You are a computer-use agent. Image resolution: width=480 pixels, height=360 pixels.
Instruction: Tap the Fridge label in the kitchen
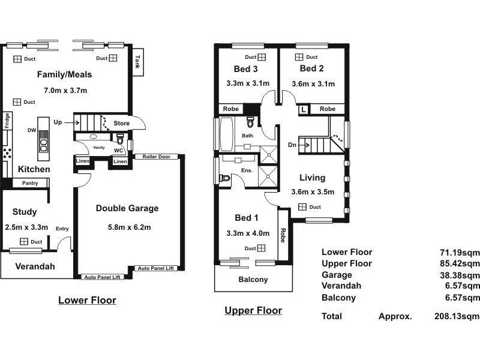[x=7, y=121]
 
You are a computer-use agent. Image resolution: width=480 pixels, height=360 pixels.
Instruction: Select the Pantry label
[x=30, y=183]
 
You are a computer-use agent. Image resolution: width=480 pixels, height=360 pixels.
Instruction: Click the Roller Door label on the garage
[x=156, y=157]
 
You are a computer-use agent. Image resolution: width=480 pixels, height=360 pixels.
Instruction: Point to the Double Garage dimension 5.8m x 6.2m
[x=127, y=227]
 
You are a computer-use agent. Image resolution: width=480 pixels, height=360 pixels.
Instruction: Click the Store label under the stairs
[x=122, y=124]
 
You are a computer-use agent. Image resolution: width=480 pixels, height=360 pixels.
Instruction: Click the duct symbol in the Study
[x=23, y=242]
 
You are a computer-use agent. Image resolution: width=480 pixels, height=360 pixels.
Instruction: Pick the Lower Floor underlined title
[x=87, y=300]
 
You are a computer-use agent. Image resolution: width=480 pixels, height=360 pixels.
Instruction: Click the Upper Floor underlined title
[x=253, y=310]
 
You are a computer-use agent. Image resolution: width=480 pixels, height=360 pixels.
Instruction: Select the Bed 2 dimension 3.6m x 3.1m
[x=313, y=84]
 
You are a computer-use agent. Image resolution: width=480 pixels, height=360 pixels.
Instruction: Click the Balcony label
[x=253, y=280]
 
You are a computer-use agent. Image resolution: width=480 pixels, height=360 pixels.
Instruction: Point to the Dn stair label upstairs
[x=292, y=145]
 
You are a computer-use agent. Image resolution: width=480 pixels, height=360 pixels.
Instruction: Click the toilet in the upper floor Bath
[x=250, y=122]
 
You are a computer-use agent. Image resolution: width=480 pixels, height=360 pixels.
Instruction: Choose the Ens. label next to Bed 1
[x=247, y=170]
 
